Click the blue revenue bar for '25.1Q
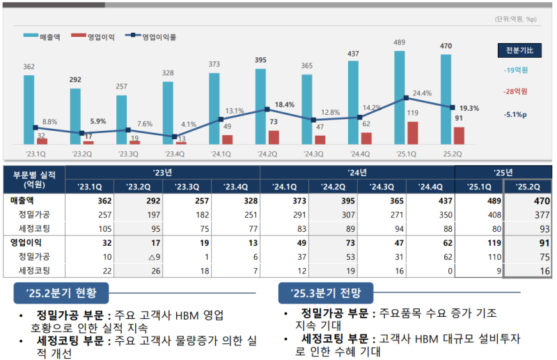coord(399,97)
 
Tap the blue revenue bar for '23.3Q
coord(122,119)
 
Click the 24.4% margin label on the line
coord(423,93)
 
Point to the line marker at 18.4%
coord(267,109)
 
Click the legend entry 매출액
coord(42,36)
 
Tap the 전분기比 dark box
coord(516,50)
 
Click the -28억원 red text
coord(515,91)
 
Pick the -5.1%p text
coord(515,116)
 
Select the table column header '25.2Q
coord(527,186)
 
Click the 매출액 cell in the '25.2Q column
coord(527,201)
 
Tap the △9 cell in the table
coord(137,257)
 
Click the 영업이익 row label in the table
coord(28,243)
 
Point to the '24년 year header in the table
coord(356,172)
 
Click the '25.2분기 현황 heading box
coord(61,292)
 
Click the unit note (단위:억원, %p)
coord(516,19)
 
